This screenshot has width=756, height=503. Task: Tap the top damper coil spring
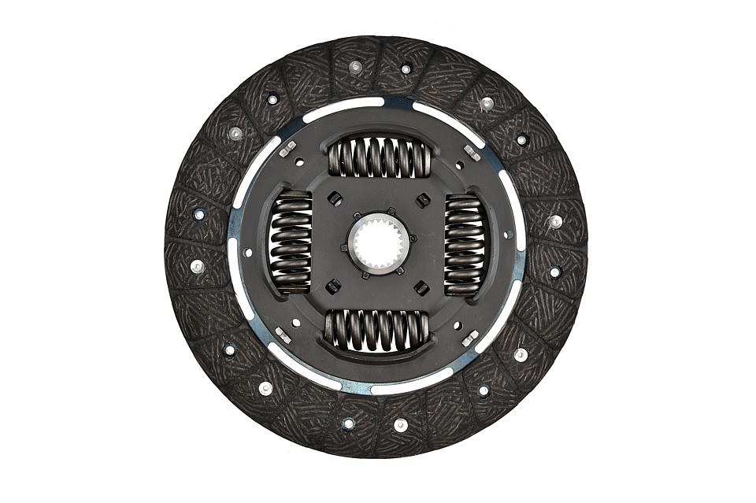(379, 157)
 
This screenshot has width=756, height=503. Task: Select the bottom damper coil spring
(378, 330)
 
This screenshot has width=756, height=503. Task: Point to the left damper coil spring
(291, 243)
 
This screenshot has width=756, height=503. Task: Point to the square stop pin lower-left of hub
(333, 287)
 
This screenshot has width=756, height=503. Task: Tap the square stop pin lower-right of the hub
(422, 288)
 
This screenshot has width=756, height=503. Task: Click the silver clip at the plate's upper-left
(287, 147)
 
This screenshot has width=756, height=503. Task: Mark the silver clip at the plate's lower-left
(283, 335)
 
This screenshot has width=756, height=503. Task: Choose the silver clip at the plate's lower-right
(470, 338)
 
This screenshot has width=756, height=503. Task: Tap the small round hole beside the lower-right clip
(458, 324)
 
